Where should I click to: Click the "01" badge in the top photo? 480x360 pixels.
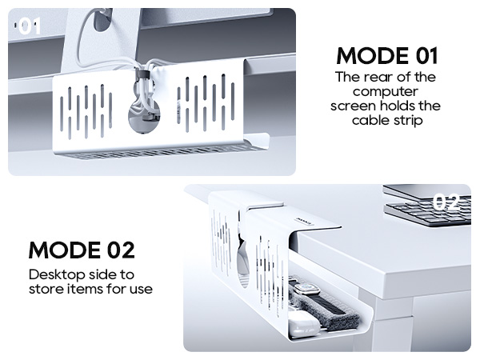click(29, 28)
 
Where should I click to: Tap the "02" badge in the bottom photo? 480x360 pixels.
click(445, 202)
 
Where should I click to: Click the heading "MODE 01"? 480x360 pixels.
click(386, 56)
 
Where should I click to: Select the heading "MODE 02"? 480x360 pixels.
click(82, 250)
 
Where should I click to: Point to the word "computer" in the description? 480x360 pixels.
click(386, 92)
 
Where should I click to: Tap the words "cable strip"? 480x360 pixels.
click(386, 121)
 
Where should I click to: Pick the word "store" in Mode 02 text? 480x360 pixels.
click(49, 288)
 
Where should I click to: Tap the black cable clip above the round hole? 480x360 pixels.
click(142, 76)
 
